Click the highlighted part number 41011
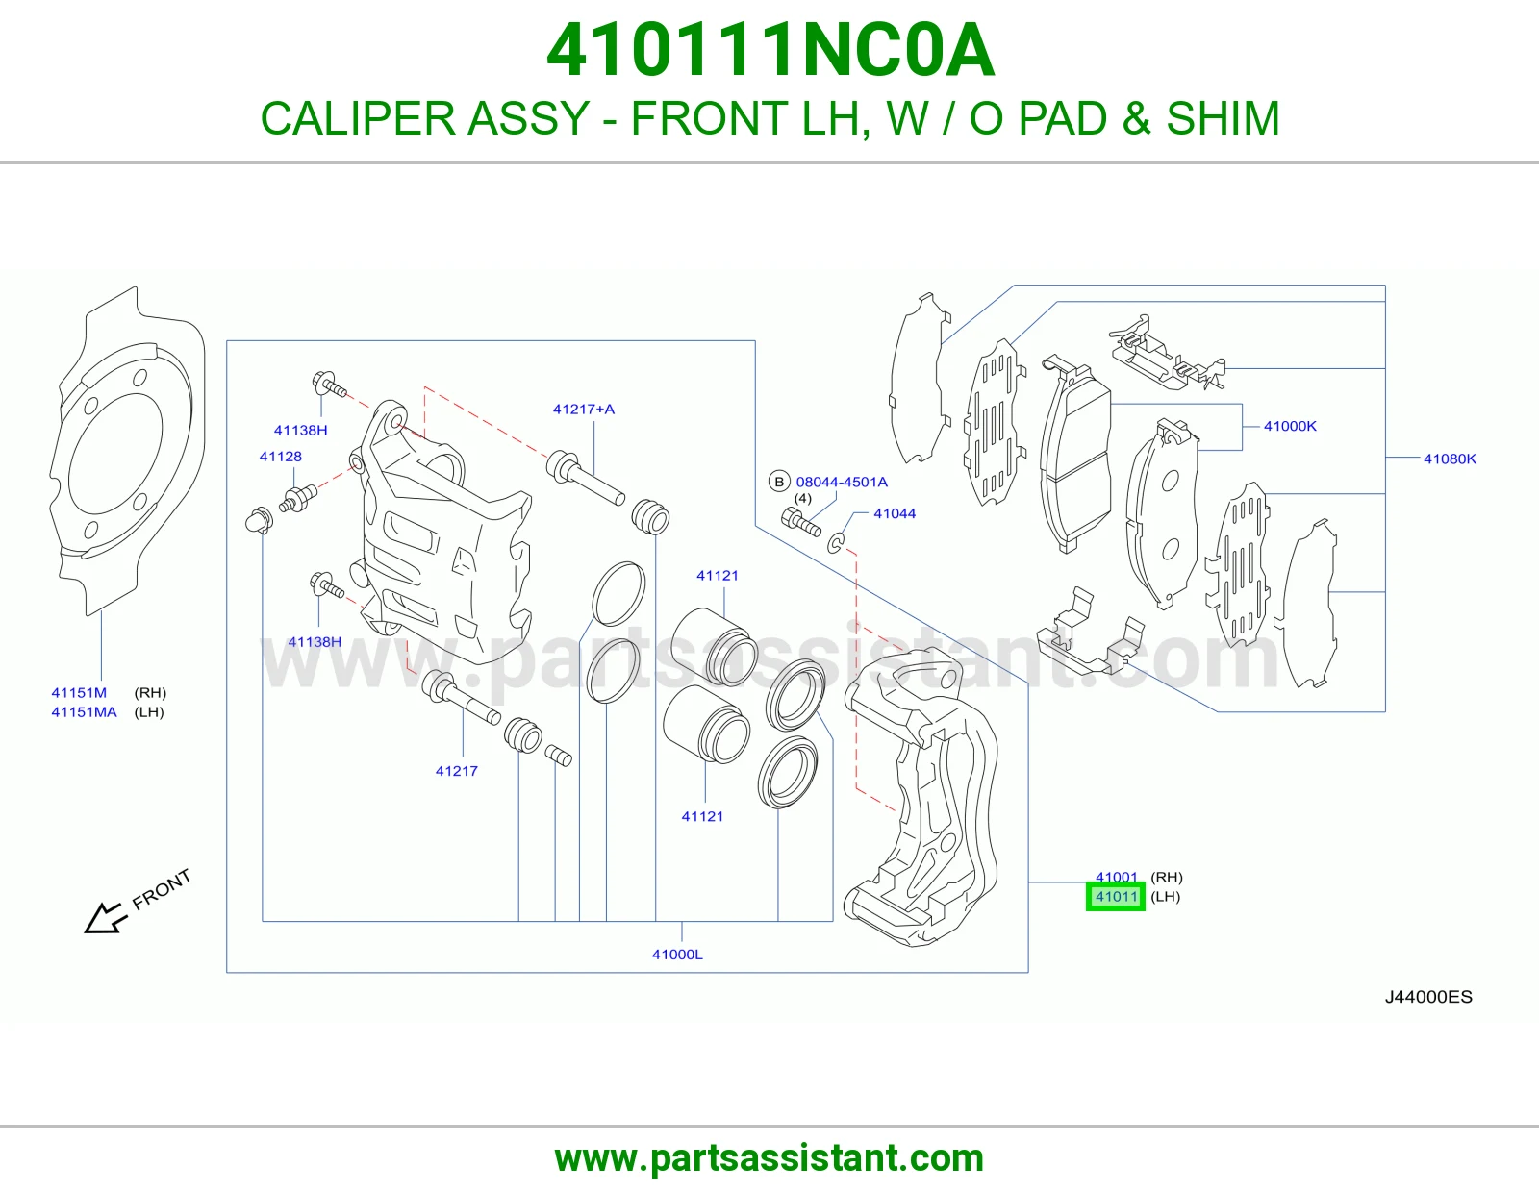pyautogui.click(x=1116, y=897)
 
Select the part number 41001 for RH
pyautogui.click(x=1116, y=877)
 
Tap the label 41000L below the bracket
pyautogui.click(x=677, y=955)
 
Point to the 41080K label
pyautogui.click(x=1450, y=459)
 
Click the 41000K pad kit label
pyautogui.click(x=1290, y=426)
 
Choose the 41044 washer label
pyautogui.click(x=895, y=513)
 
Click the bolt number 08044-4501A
pyautogui.click(x=842, y=482)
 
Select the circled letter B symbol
pyautogui.click(x=779, y=482)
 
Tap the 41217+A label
pyautogui.click(x=584, y=410)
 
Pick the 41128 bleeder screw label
pyautogui.click(x=281, y=457)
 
